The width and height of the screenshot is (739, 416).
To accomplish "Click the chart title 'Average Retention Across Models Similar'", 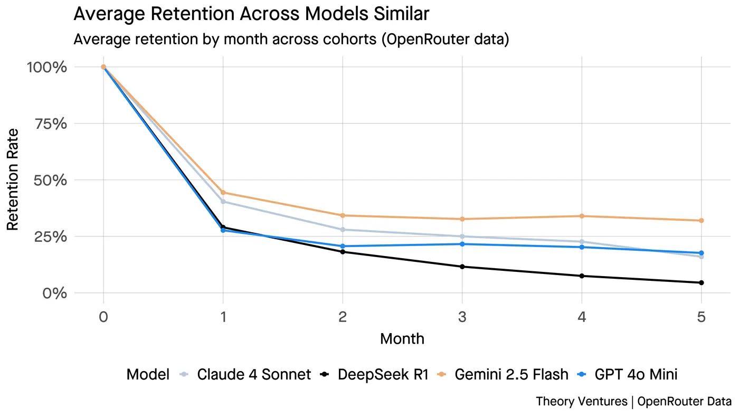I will (x=251, y=14).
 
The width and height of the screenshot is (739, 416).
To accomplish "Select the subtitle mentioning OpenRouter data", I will (x=291, y=40).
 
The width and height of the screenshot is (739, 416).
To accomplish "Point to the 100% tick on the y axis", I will (x=48, y=67).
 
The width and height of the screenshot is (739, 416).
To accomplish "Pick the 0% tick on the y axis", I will (x=55, y=293).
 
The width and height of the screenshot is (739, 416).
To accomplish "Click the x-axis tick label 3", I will (x=462, y=317).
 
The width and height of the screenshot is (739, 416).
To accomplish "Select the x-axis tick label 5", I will (x=701, y=317).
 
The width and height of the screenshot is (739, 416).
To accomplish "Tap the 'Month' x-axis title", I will (x=402, y=338).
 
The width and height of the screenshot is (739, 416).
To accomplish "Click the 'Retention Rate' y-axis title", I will (x=13, y=179).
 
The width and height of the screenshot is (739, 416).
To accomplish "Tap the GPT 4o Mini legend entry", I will (x=636, y=374).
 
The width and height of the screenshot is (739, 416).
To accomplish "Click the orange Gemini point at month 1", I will (x=223, y=193).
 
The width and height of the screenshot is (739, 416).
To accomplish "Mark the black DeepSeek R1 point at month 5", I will (x=701, y=282).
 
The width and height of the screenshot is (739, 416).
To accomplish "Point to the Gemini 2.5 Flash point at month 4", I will (x=582, y=216).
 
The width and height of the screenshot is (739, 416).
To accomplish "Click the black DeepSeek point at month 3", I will (x=462, y=267).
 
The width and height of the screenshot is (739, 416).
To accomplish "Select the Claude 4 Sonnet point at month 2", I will (x=343, y=230).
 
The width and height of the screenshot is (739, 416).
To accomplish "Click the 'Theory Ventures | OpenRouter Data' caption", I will (x=633, y=401).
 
